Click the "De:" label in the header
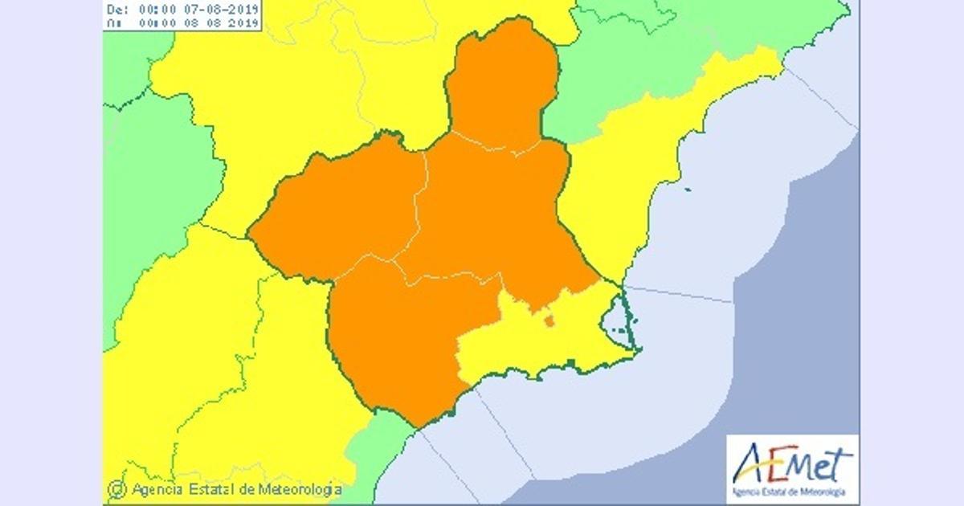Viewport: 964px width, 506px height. pyautogui.click(x=116, y=10)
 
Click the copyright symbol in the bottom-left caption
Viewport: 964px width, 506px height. pyautogui.click(x=116, y=488)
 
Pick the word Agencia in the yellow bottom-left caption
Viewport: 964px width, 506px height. pyautogui.click(x=155, y=488)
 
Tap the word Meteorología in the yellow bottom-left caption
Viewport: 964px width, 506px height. pyautogui.click(x=300, y=488)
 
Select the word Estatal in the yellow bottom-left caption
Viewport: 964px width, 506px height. pyautogui.click(x=212, y=488)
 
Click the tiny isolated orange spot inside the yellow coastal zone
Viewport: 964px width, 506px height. pyautogui.click(x=549, y=321)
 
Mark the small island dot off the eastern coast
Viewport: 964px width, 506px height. pyautogui.click(x=688, y=190)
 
